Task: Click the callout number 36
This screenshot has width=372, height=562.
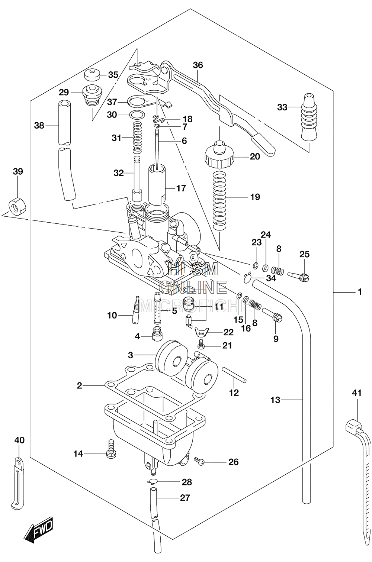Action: point(198,65)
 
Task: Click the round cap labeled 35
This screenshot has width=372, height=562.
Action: point(92,74)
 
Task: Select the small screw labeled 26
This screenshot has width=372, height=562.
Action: point(200,461)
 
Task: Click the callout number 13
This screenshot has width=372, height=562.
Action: point(275,400)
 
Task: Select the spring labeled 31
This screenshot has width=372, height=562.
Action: point(137,137)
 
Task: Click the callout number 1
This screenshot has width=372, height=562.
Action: point(360,291)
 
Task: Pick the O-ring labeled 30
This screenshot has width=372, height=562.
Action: point(137,114)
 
